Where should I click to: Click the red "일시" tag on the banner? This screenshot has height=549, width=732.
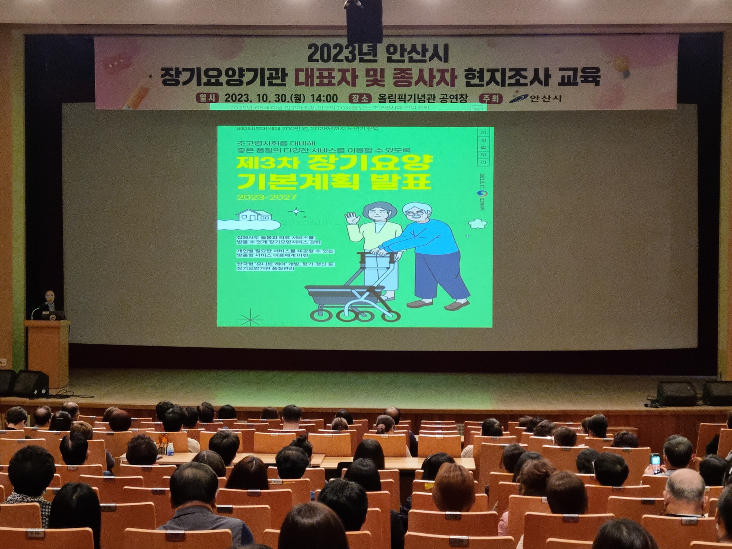(208, 98)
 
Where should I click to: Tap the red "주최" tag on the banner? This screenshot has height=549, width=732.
(490, 98)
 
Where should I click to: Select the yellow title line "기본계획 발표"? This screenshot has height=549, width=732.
(333, 181)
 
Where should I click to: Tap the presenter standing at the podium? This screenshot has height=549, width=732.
(50, 304)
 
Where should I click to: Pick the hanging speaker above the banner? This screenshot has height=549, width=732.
(364, 20)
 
